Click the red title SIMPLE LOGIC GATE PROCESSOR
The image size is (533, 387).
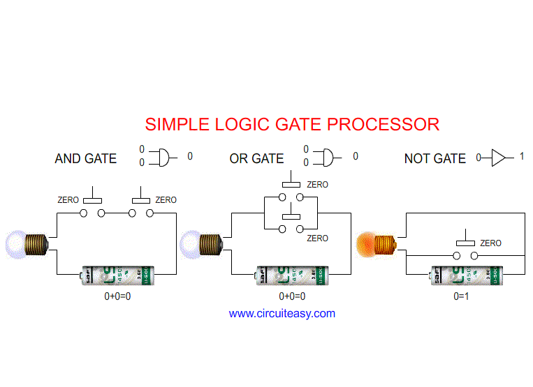(x=292, y=125)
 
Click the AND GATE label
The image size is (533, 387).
(x=85, y=159)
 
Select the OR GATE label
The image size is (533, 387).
(x=256, y=159)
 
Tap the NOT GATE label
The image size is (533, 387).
(x=435, y=159)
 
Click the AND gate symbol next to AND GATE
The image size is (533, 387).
(x=162, y=157)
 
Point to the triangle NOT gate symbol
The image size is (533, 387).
(x=498, y=158)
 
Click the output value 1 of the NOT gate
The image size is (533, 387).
(x=521, y=157)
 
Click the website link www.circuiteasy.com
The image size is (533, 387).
(x=282, y=314)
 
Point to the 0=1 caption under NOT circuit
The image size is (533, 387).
(x=462, y=296)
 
